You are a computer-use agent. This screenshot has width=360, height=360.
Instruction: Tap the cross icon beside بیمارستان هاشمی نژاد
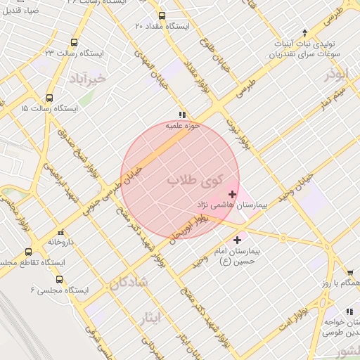coord(232,193)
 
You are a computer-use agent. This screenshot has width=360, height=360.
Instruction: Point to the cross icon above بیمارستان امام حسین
coord(236,240)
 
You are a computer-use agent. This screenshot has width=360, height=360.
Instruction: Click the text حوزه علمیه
coord(183,126)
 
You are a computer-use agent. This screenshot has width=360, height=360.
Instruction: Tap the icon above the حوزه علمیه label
coord(182,114)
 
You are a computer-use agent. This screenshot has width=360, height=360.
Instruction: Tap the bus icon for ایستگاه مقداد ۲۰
coord(162,15)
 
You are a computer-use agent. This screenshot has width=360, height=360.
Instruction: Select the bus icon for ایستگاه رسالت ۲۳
coord(75,42)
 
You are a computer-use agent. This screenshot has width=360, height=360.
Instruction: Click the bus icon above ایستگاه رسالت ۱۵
coord(49,98)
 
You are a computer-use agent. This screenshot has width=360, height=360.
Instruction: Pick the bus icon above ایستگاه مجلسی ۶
coord(58,278)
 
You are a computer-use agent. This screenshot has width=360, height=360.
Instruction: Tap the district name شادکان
coord(129,282)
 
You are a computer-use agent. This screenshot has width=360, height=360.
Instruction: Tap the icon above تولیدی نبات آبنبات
coord(304,32)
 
